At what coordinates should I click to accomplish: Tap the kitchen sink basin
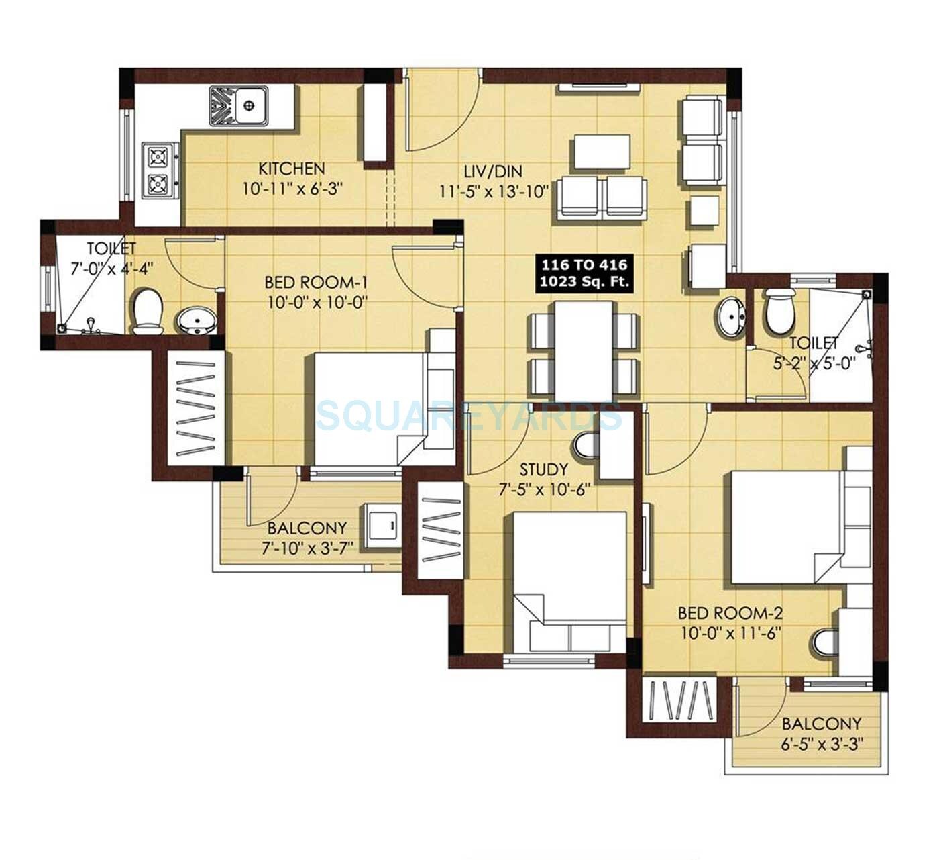[250, 105]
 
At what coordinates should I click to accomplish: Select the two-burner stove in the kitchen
[159, 170]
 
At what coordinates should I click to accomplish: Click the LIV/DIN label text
[494, 172]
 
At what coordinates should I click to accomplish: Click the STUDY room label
[543, 469]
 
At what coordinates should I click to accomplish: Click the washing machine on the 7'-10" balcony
[382, 524]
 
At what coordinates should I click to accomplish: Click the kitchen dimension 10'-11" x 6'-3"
[292, 190]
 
